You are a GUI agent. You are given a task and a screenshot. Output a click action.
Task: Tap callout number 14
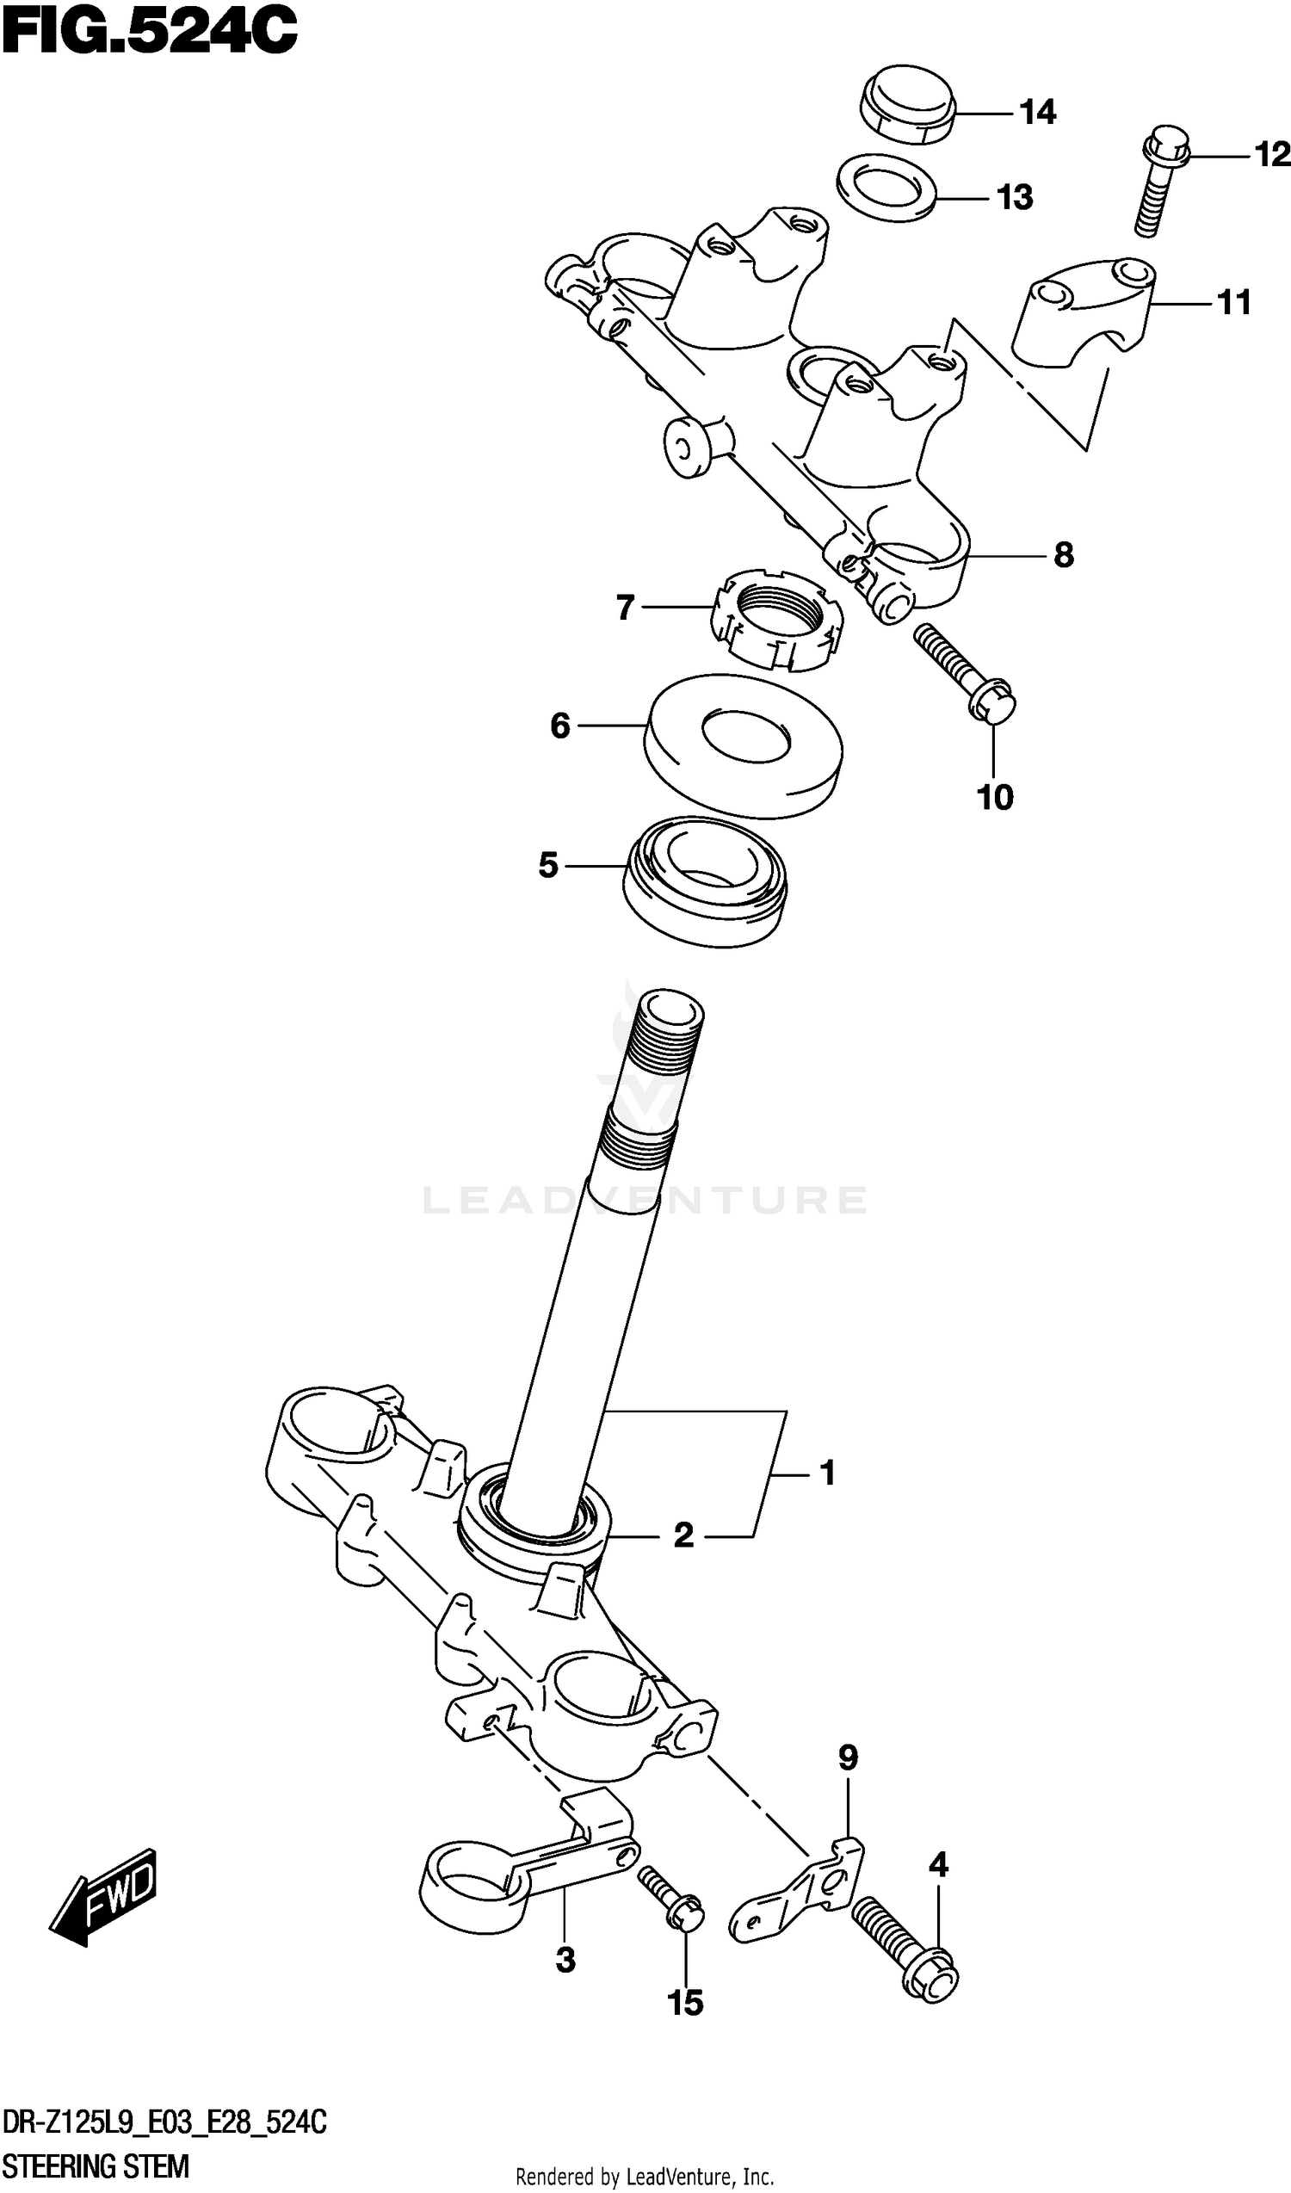coord(1037,112)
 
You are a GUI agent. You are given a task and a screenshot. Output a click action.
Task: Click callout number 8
coord(1063,554)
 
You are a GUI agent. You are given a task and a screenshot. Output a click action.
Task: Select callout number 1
coord(827,1473)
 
